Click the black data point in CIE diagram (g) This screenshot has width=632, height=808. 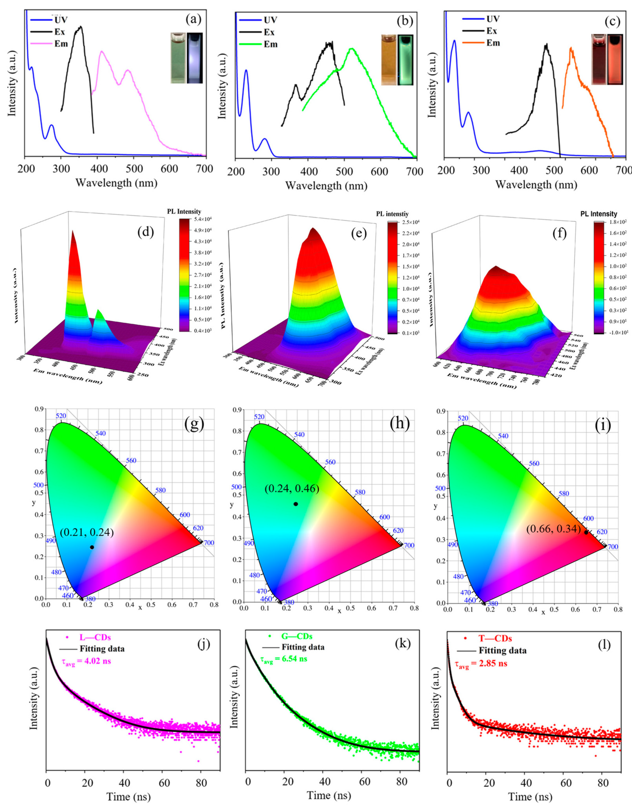point(92,547)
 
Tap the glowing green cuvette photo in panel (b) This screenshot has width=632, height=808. point(406,60)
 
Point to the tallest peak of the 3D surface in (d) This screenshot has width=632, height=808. point(73,231)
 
